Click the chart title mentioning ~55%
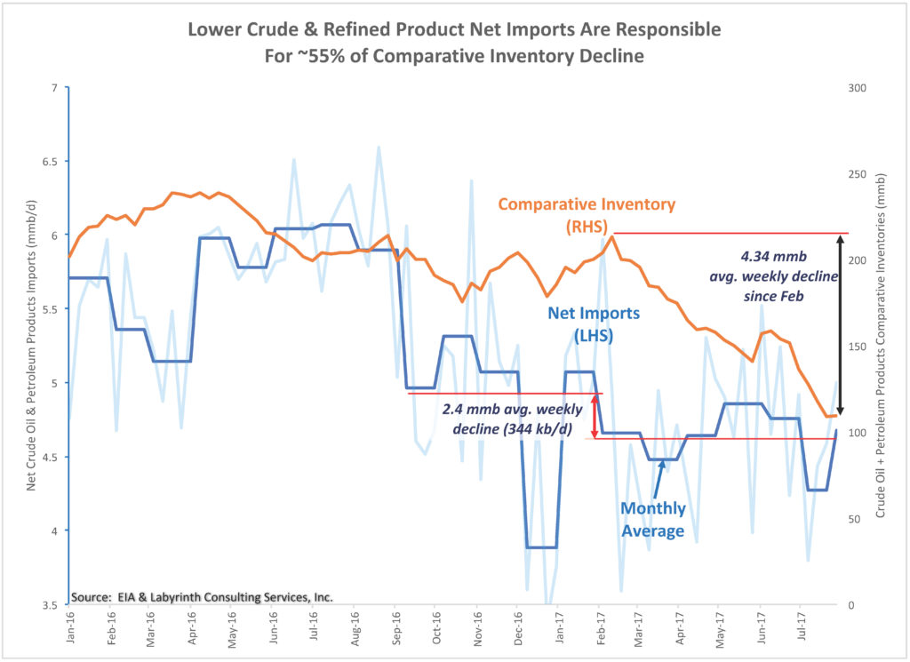click(454, 42)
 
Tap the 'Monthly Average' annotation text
click(652, 519)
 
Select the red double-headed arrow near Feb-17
click(595, 415)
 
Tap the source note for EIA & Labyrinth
click(202, 597)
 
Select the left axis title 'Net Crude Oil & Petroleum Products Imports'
click(31, 347)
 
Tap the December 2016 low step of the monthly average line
click(541, 547)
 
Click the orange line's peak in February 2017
click(612, 236)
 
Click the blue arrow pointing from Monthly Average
click(658, 480)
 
